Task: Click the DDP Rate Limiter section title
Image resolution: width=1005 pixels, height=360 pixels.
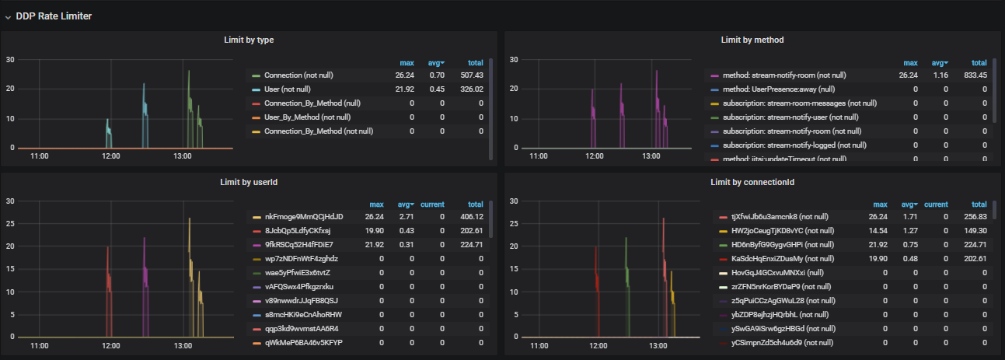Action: pyautogui.click(x=54, y=16)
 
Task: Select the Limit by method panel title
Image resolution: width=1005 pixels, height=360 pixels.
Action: pyautogui.click(x=752, y=40)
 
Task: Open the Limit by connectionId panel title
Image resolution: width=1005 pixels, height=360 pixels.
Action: pyautogui.click(x=752, y=182)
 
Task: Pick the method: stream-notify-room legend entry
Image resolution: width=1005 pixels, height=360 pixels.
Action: pyautogui.click(x=778, y=75)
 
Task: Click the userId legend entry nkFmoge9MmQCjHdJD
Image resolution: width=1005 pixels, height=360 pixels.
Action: pyautogui.click(x=303, y=216)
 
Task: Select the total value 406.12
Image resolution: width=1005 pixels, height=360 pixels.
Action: pyautogui.click(x=471, y=216)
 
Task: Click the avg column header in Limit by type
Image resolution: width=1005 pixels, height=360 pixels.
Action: pyautogui.click(x=435, y=63)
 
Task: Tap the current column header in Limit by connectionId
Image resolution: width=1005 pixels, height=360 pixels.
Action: pyautogui.click(x=937, y=204)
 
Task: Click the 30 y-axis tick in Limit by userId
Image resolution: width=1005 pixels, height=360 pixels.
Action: pyautogui.click(x=10, y=201)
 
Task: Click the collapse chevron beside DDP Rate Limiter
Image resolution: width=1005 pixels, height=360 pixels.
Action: pyautogui.click(x=8, y=16)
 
